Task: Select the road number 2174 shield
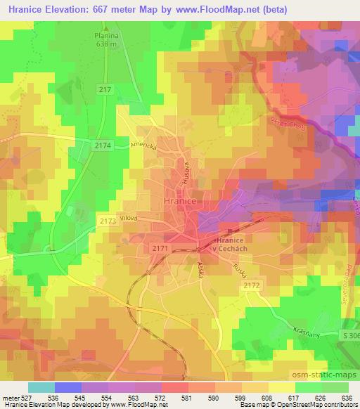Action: click(102, 143)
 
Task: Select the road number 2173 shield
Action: click(108, 221)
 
